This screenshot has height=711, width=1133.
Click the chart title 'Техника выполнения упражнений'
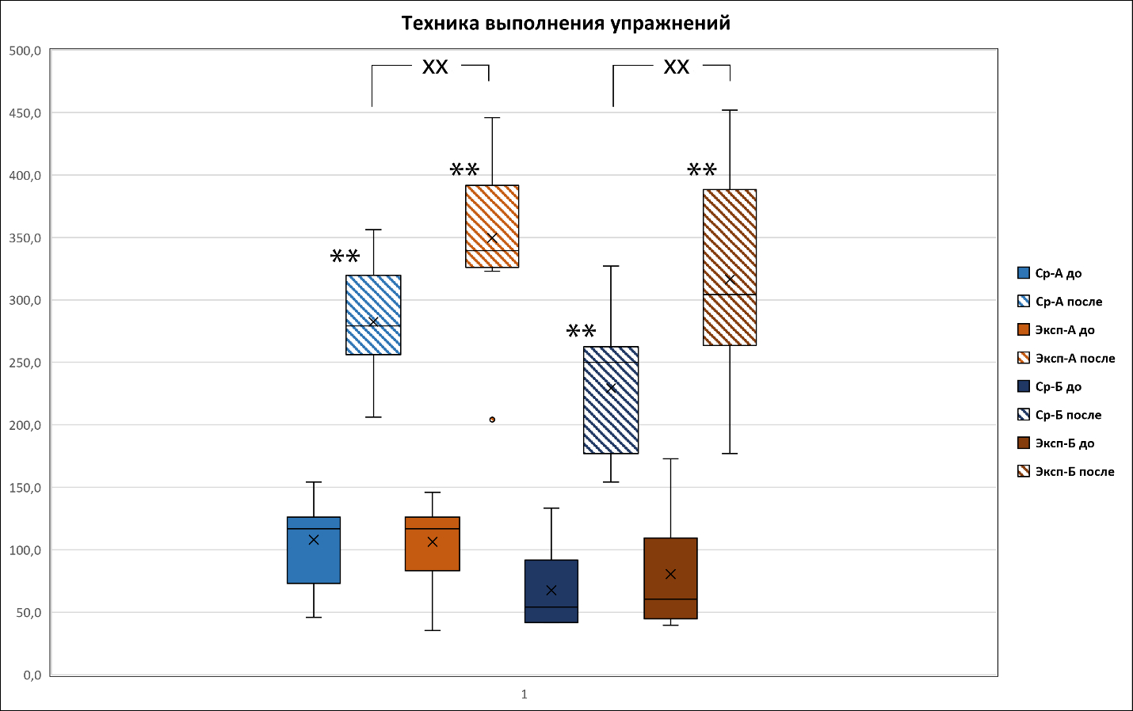pos(566,23)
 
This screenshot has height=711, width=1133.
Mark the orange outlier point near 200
pos(492,420)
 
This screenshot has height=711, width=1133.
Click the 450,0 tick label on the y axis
pos(25,113)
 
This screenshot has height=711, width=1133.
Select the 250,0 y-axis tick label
pos(25,363)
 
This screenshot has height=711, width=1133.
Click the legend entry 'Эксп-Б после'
pos(1074,472)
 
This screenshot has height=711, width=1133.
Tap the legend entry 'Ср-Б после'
pos(1068,415)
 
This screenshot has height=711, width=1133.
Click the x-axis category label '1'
pos(524,694)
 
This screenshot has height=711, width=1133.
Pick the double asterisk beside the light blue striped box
pos(345,257)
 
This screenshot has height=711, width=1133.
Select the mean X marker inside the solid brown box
pos(670,574)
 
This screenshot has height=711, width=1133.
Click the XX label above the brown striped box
pos(676,67)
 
